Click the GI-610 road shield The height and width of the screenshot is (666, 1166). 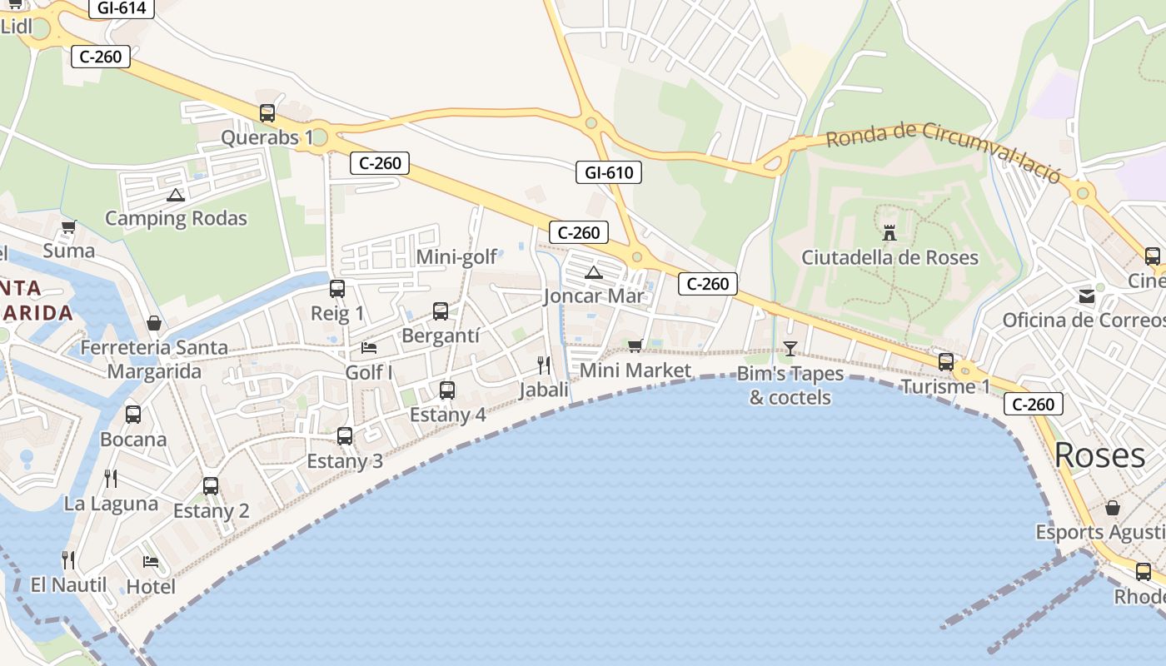point(609,173)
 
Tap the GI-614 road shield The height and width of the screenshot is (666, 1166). point(122,8)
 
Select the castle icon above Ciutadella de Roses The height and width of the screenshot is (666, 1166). point(889,233)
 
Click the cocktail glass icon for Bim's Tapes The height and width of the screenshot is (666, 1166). point(790,348)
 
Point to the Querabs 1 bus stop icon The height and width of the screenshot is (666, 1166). point(267,113)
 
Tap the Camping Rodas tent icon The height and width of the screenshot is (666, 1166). point(175,196)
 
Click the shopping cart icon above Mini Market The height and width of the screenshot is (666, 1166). point(635,345)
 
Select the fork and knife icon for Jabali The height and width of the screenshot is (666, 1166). point(544,365)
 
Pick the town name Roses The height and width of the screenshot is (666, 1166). point(1099,455)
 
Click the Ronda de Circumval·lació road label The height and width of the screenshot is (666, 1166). point(944,151)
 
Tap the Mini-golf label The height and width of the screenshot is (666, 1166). point(456,257)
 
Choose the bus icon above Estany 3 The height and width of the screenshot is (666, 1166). point(345,435)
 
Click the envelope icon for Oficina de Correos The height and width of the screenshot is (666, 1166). point(1087,296)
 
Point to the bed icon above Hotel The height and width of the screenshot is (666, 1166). point(151,562)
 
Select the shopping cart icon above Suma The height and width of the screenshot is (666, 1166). point(69,226)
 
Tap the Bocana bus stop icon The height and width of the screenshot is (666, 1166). point(133,414)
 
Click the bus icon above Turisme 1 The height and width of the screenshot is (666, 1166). point(946,362)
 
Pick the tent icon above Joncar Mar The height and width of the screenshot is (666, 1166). point(593,272)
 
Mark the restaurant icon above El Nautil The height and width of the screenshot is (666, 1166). point(68,559)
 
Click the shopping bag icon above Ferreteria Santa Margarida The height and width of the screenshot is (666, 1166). point(154,323)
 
